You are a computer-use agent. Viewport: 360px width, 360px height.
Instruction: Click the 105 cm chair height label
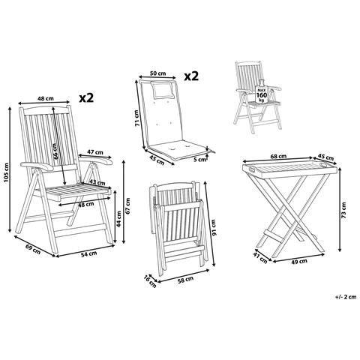[6, 172]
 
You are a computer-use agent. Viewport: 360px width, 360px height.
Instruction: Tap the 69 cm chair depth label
[33, 249]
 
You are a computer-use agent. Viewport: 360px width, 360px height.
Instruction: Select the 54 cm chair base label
[89, 253]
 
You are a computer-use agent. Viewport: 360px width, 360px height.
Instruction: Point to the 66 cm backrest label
[56, 151]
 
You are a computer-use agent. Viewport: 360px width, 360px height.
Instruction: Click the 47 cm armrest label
[95, 151]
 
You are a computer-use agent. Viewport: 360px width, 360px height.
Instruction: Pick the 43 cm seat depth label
[97, 182]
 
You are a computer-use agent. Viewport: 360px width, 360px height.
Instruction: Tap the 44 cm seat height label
[119, 219]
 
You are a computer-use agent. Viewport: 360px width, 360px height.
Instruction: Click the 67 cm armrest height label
[127, 205]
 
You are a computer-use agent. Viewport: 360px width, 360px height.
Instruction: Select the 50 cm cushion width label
[157, 73]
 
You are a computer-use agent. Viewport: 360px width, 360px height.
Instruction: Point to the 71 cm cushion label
[136, 118]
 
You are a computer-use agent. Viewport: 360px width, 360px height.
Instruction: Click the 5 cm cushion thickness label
[199, 160]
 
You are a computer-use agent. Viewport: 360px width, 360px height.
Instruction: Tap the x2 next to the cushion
[191, 76]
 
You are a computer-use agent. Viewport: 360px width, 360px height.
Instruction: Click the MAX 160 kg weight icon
[262, 91]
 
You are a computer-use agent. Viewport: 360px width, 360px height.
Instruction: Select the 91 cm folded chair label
[213, 227]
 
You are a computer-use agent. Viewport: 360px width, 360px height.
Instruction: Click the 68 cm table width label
[278, 156]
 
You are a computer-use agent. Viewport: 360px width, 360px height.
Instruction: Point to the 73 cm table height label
[344, 211]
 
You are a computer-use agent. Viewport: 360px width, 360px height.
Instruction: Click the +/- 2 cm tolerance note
[346, 297]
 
